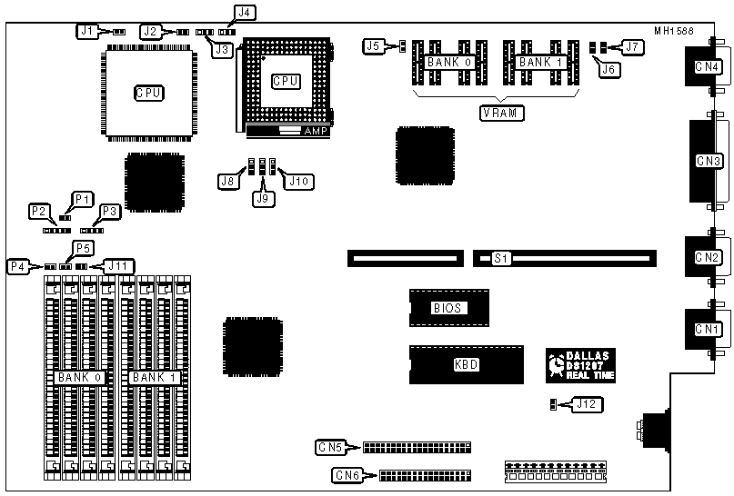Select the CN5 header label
click(329, 446)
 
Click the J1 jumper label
click(86, 31)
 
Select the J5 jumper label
click(373, 45)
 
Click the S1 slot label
click(499, 259)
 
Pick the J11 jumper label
click(118, 265)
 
